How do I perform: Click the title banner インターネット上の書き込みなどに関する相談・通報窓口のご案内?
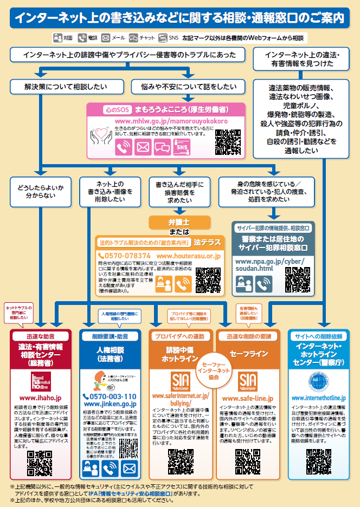tap(179, 17)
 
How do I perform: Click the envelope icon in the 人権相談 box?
tap(129, 467)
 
